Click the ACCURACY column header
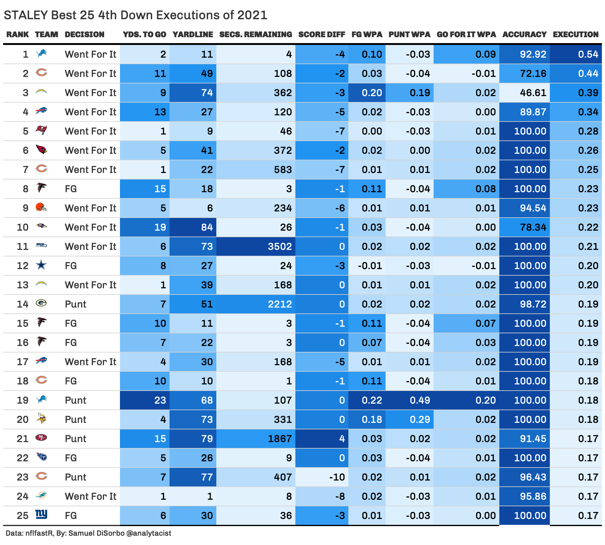[x=524, y=34]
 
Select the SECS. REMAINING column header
[x=255, y=34]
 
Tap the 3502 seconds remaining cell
[x=280, y=246]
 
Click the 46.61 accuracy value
[x=533, y=93]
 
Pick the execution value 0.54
[x=588, y=54]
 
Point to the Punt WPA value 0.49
[x=420, y=400]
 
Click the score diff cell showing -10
[x=337, y=477]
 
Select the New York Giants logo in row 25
[x=41, y=514]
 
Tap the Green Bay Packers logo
[x=41, y=303]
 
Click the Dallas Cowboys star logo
[x=41, y=265]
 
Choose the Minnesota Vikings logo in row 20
[x=41, y=419]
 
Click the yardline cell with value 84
[x=207, y=227]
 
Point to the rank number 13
[x=22, y=285]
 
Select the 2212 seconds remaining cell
[x=280, y=304]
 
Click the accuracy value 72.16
[x=533, y=73]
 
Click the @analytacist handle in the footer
[x=149, y=533]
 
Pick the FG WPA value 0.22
[x=372, y=400]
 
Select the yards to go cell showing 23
[x=160, y=400]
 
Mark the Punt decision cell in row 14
[x=76, y=304]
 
